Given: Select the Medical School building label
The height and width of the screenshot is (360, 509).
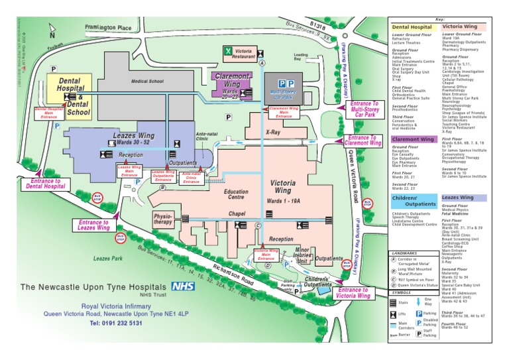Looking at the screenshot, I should tap(147, 81).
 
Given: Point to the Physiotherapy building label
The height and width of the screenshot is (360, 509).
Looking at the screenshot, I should tap(163, 219).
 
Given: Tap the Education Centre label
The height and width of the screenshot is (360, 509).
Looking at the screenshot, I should tap(236, 195).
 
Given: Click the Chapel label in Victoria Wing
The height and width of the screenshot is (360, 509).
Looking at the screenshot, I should tap(237, 214).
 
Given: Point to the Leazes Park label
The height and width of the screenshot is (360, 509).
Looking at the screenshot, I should tap(91, 258).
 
